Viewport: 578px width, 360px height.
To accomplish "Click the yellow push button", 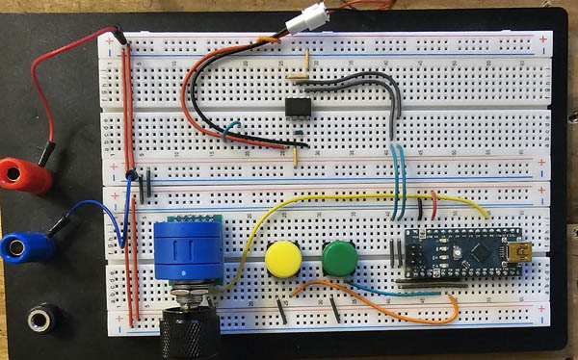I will [283, 257].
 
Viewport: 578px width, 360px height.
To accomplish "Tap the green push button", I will [339, 257].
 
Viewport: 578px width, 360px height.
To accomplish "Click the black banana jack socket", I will [39, 317].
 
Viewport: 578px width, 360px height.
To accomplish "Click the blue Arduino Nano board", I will [462, 253].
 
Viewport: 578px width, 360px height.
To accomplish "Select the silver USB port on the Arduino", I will [526, 254].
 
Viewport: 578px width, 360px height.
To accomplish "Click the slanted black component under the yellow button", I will [281, 310].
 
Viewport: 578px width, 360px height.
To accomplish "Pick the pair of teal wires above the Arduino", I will [398, 183].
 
